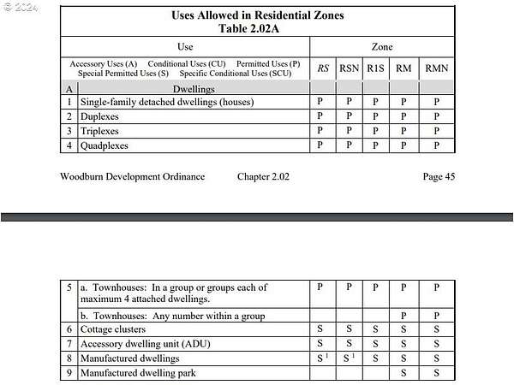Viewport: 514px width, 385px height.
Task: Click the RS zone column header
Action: pos(322,68)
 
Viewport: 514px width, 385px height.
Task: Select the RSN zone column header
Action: pos(349,68)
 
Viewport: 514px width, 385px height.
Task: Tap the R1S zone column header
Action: pos(375,68)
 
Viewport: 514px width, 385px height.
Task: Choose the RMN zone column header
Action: pos(436,68)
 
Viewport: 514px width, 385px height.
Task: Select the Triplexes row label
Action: pos(99,131)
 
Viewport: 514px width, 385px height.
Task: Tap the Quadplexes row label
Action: pos(105,145)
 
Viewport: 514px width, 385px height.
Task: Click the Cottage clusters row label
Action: pos(112,329)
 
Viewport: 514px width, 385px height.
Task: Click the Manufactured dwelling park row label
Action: pos(137,373)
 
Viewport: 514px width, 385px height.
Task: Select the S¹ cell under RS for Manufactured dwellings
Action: pos(321,358)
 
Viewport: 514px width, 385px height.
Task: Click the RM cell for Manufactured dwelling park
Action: pos(403,373)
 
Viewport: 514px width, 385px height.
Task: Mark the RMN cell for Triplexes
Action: pos(436,131)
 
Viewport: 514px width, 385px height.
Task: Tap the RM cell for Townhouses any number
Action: pos(403,315)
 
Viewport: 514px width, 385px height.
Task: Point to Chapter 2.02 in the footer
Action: pos(263,176)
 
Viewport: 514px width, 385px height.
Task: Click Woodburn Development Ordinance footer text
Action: pos(132,176)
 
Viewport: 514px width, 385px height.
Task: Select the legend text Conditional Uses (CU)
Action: pos(186,63)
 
